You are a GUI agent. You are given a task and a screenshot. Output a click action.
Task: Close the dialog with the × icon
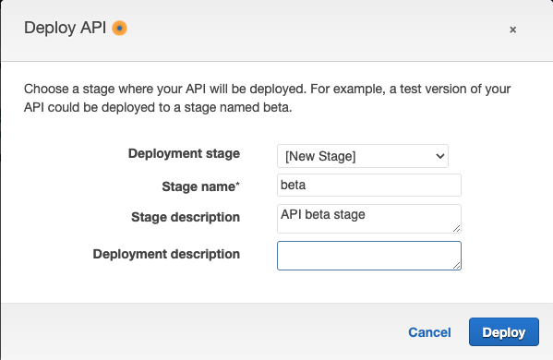pyautogui.click(x=512, y=30)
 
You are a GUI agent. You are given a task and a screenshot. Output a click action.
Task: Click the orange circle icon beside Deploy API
pyautogui.click(x=119, y=29)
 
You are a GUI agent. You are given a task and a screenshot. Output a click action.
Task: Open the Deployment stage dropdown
pyautogui.click(x=362, y=156)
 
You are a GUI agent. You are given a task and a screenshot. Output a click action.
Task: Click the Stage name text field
pyautogui.click(x=368, y=186)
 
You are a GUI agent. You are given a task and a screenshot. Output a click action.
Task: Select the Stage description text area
pyautogui.click(x=368, y=218)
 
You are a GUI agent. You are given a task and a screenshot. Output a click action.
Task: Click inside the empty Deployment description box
pyautogui.click(x=368, y=255)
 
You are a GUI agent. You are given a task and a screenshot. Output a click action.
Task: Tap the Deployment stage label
pyautogui.click(x=183, y=153)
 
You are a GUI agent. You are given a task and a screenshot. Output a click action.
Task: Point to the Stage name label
pyautogui.click(x=198, y=186)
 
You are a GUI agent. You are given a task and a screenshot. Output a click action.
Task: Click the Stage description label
pyautogui.click(x=186, y=217)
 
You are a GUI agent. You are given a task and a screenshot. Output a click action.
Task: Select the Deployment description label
pyautogui.click(x=166, y=254)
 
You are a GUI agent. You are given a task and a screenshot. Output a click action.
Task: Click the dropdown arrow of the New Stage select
pyautogui.click(x=439, y=156)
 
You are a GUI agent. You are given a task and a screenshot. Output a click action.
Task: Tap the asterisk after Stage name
pyautogui.click(x=238, y=185)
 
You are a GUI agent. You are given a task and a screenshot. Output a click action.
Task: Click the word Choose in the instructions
pyautogui.click(x=46, y=90)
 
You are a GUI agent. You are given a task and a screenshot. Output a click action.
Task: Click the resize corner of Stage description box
pyautogui.click(x=456, y=227)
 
